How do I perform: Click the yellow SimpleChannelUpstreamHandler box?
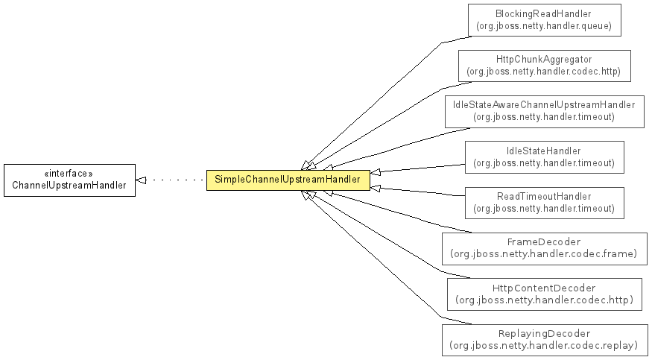pyautogui.click(x=288, y=180)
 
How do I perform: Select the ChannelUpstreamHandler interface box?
pyautogui.click(x=69, y=180)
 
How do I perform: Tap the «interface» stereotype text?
pyautogui.click(x=69, y=174)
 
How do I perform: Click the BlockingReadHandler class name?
pyautogui.click(x=543, y=13)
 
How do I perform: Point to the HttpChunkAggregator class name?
pyautogui.click(x=544, y=60)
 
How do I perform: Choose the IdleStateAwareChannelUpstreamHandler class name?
pyautogui.click(x=544, y=105)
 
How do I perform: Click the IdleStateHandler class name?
pyautogui.click(x=544, y=151)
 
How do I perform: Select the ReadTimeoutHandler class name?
pyautogui.click(x=544, y=196)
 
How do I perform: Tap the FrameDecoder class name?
pyautogui.click(x=544, y=241)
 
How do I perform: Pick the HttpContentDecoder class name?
pyautogui.click(x=544, y=288)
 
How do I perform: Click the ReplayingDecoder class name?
pyautogui.click(x=544, y=333)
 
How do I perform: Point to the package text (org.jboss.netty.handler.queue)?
pyautogui.click(x=544, y=26)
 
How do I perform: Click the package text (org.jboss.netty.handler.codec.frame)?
pyautogui.click(x=544, y=253)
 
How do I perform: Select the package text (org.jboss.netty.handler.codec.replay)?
pyautogui.click(x=544, y=345)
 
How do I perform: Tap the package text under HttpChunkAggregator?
pyautogui.click(x=544, y=72)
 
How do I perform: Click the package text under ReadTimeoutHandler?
pyautogui.click(x=544, y=208)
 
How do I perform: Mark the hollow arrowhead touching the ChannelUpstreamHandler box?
pyautogui.click(x=141, y=180)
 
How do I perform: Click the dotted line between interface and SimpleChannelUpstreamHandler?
pyautogui.click(x=177, y=180)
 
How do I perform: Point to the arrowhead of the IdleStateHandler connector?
pyautogui.click(x=375, y=171)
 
